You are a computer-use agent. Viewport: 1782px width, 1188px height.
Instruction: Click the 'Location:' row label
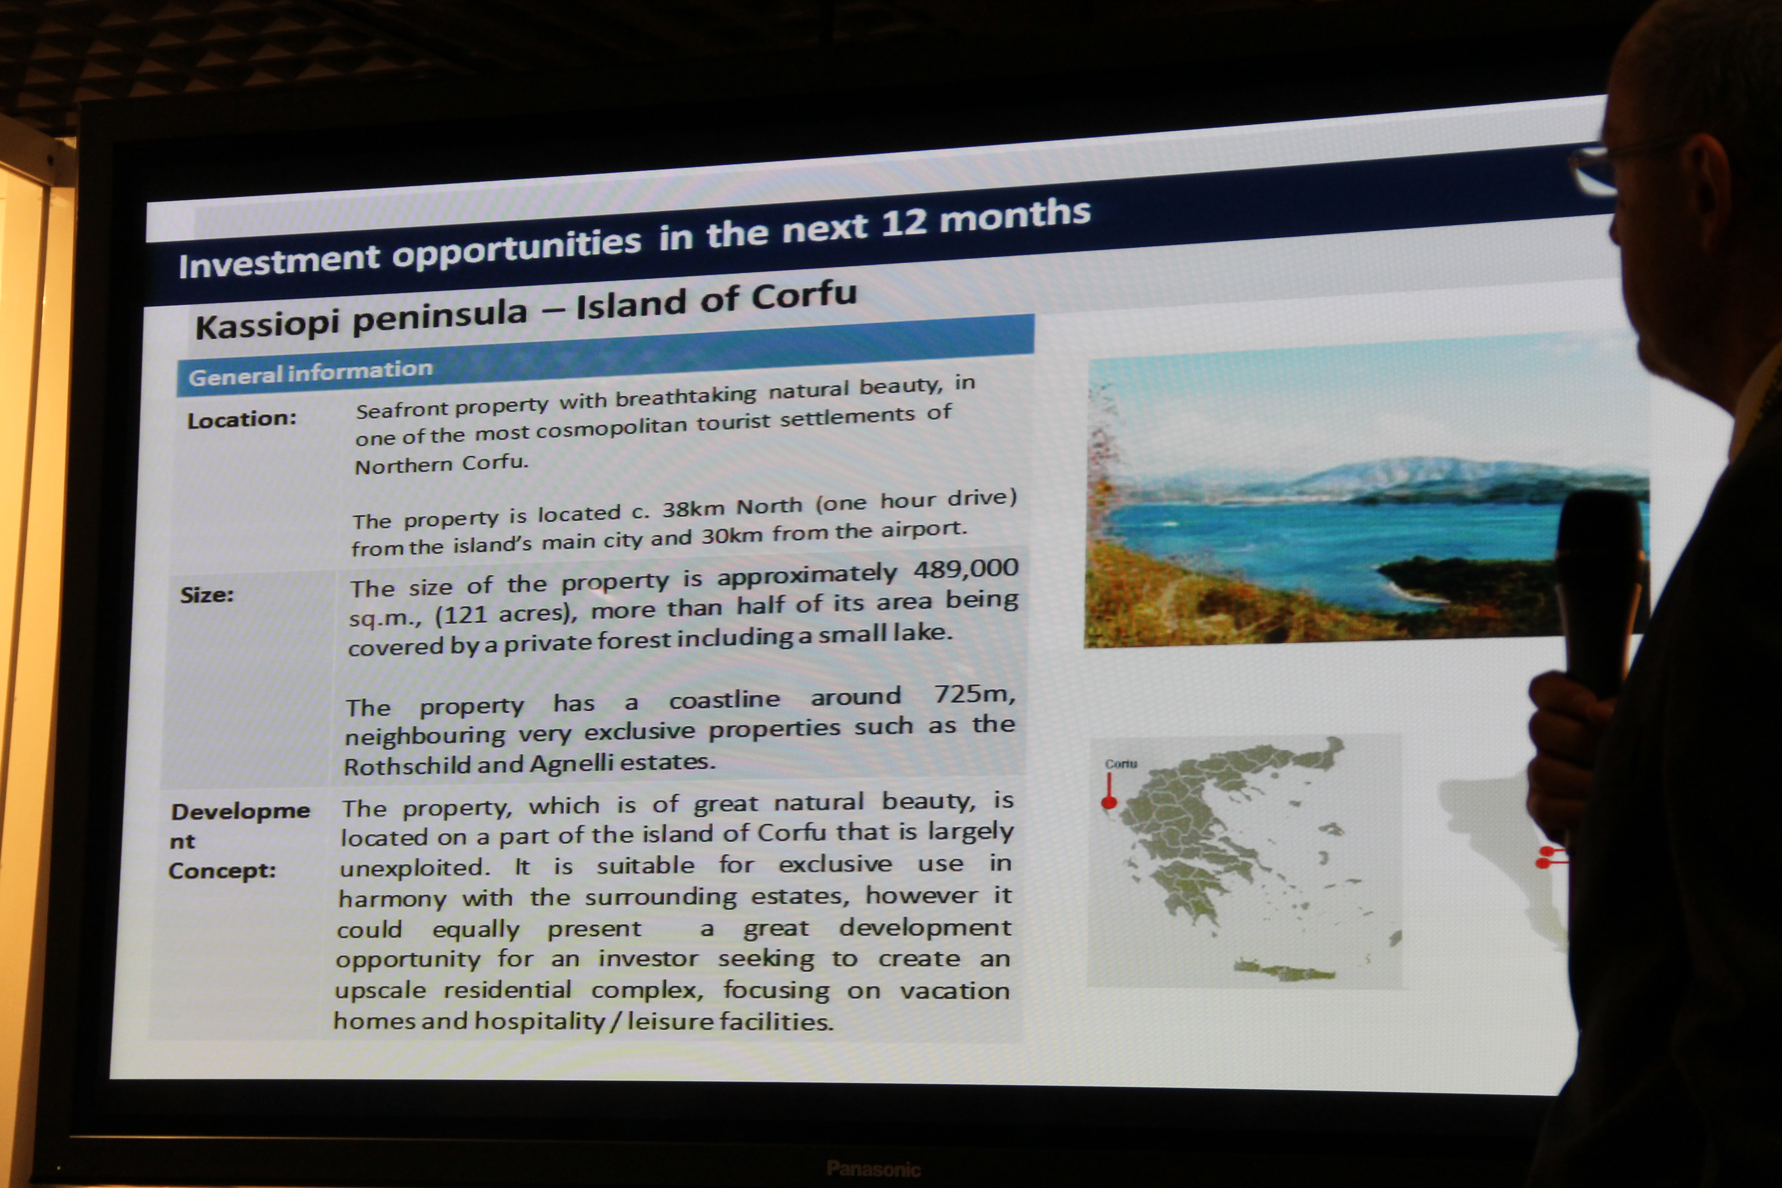[242, 419]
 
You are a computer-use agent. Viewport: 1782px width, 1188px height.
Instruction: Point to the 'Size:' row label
[207, 595]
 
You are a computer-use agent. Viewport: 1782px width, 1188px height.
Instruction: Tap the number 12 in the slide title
[904, 223]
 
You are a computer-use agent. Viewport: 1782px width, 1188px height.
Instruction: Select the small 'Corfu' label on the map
[1121, 764]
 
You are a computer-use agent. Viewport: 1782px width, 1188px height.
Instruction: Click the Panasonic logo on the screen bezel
[873, 1168]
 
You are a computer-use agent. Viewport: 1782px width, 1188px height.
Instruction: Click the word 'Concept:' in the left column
[222, 871]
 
